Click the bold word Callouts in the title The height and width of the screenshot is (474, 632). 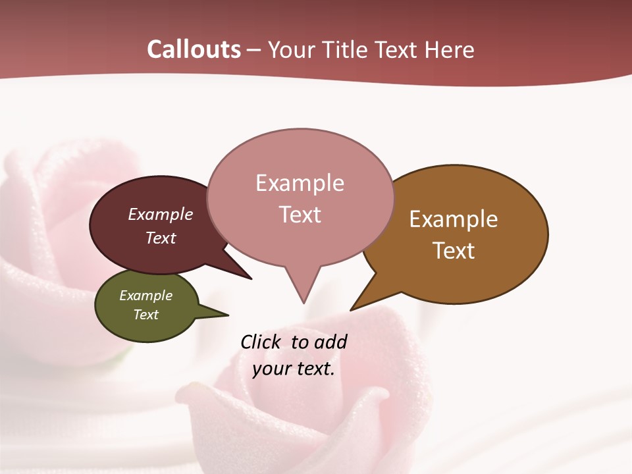click(194, 49)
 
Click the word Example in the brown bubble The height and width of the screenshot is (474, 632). click(454, 219)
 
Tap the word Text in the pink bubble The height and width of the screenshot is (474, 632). click(300, 215)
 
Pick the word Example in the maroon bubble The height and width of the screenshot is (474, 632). click(161, 214)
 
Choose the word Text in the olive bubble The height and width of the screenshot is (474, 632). click(146, 315)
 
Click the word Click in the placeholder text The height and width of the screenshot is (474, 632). click(260, 342)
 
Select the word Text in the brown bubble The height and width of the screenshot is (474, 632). click(454, 251)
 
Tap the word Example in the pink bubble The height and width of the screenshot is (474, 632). click(300, 183)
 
